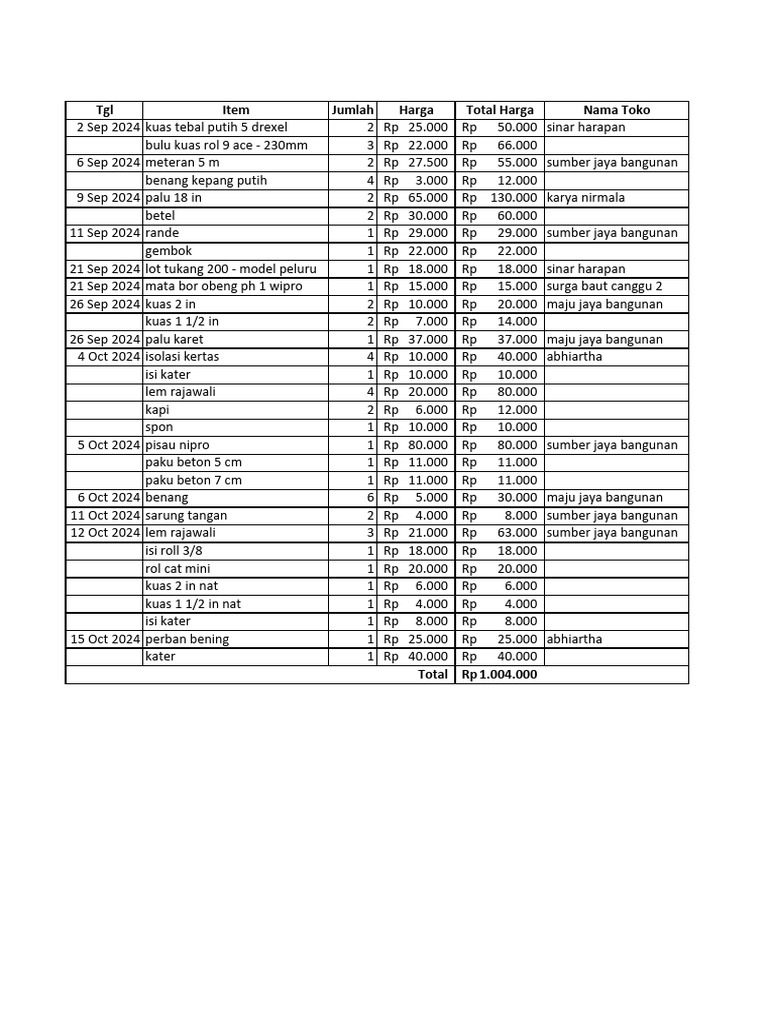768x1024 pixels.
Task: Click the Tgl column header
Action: tap(104, 110)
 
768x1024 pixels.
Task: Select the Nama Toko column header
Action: tap(616, 110)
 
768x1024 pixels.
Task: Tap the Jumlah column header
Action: tap(352, 110)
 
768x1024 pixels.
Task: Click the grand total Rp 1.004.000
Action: tap(498, 675)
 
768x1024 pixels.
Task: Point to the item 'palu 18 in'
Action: tap(174, 198)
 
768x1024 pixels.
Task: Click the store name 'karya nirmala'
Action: tap(586, 198)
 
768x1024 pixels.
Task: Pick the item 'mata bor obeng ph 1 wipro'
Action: tap(224, 286)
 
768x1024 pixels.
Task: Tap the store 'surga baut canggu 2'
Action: tap(604, 286)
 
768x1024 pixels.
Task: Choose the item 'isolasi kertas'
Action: tap(182, 357)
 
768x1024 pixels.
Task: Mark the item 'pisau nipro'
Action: tap(177, 445)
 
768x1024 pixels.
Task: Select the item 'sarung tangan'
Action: tap(186, 516)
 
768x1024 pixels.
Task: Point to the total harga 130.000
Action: tap(513, 198)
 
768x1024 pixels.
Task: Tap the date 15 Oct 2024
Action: tap(104, 639)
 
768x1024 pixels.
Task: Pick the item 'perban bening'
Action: tap(187, 639)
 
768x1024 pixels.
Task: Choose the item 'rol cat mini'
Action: tap(178, 569)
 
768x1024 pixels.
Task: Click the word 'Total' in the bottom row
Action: tap(432, 675)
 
